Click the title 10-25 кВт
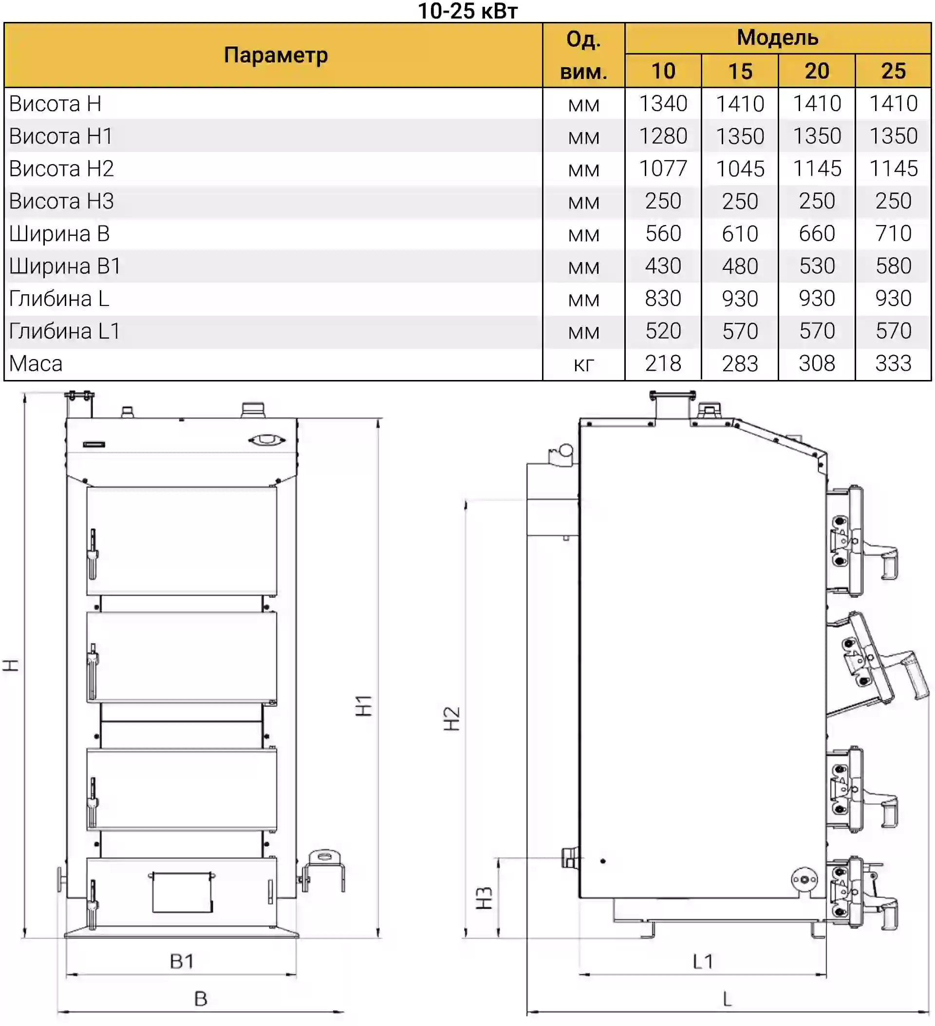[x=467, y=11]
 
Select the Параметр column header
[x=275, y=55]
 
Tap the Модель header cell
[x=777, y=38]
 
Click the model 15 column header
[x=740, y=71]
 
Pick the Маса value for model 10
[x=662, y=364]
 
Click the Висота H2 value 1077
[x=662, y=169]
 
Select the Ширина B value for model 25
[x=893, y=233]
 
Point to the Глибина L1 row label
[x=65, y=331]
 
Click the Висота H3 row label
[x=61, y=202]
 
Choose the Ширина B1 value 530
[x=817, y=266]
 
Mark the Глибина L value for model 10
[x=662, y=299]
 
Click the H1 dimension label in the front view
[x=364, y=705]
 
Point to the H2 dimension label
[x=451, y=719]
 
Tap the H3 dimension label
[x=484, y=898]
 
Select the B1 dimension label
[x=182, y=961]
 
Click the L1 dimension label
[x=703, y=961]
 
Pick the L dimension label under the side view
[x=727, y=999]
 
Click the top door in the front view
[x=182, y=540]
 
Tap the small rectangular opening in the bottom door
[x=182, y=893]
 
